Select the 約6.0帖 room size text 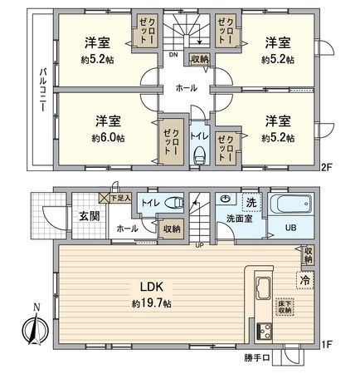(109, 136)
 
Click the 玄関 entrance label (88, 217)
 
